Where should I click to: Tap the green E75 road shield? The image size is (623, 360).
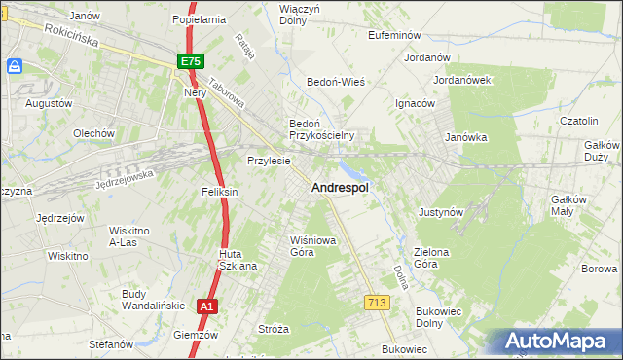191,61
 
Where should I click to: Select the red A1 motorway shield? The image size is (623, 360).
204,306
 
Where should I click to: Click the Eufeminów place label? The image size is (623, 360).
392,34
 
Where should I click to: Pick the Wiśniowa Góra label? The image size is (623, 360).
302,245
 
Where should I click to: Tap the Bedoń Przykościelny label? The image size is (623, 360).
320,129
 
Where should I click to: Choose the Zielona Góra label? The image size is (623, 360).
432,258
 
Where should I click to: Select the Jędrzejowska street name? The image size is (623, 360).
125,179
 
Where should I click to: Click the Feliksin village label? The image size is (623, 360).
219,192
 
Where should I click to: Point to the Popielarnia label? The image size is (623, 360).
199,18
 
